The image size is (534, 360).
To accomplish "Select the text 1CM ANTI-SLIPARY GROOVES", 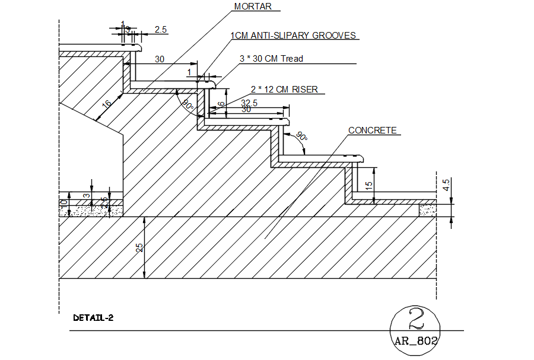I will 294,36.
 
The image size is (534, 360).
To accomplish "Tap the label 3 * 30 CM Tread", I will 271,58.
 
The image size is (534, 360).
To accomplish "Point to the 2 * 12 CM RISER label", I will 284,90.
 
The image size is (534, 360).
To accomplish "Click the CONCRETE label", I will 372,130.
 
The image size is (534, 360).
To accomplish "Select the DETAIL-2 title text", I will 93,318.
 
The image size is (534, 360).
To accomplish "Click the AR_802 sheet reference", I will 416,341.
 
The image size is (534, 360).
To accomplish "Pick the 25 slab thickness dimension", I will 140,247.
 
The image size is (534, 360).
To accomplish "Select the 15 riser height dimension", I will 369,185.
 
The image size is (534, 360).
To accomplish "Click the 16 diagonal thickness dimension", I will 106,104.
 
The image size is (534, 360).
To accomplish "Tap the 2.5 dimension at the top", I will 160,29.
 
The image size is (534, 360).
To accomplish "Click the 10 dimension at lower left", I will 63,205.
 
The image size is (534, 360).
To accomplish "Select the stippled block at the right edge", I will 427,210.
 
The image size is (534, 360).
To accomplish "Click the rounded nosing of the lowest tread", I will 361,158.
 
